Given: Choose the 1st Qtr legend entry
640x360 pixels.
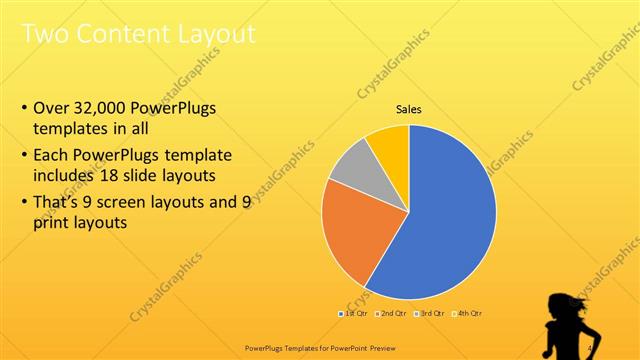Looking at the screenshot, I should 353,314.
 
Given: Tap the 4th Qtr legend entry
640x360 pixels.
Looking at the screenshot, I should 466,314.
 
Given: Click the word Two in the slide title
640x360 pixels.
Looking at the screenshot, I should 44,35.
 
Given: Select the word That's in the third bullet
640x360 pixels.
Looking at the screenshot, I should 60,202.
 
